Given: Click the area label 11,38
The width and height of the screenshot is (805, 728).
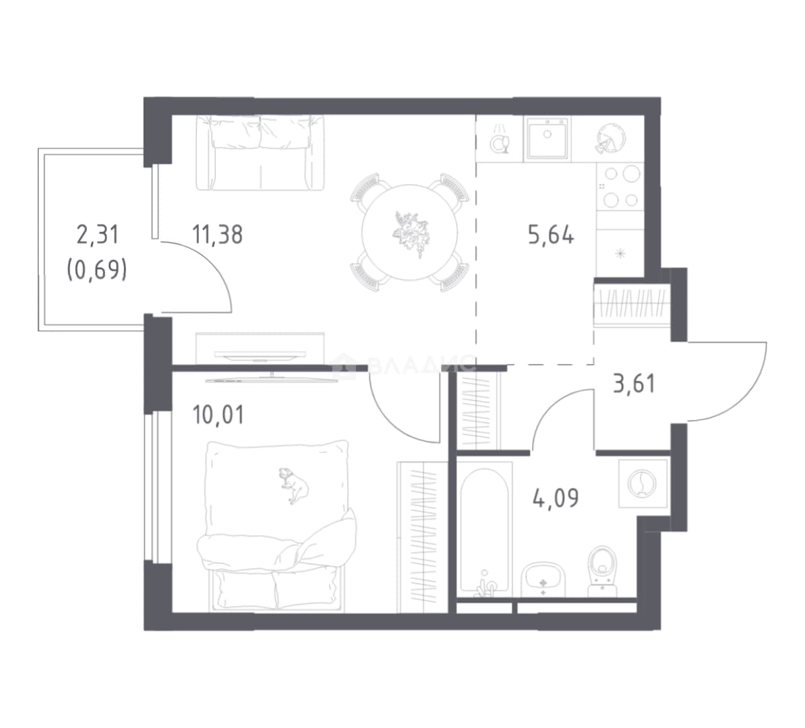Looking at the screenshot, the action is point(217,235).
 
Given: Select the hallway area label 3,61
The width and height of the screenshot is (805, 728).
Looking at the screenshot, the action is point(634,384).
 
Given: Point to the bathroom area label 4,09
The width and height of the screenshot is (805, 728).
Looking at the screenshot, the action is point(556,497).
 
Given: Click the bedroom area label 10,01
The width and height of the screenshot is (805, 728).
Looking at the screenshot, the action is point(218,415).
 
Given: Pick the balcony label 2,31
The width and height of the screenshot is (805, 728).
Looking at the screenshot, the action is point(97,235).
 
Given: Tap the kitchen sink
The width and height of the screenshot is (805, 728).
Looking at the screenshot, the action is point(547,138).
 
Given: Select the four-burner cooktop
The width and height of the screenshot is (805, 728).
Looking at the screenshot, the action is point(620,187).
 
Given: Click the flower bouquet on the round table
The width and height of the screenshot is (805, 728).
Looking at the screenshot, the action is point(410,233).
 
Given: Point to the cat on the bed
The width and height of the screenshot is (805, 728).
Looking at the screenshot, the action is point(294,485).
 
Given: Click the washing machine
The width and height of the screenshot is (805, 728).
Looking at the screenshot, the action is point(643,483).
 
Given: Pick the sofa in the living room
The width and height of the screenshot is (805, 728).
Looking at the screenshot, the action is point(260,152).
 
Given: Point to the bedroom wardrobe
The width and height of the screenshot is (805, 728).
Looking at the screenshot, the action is point(423,537).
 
